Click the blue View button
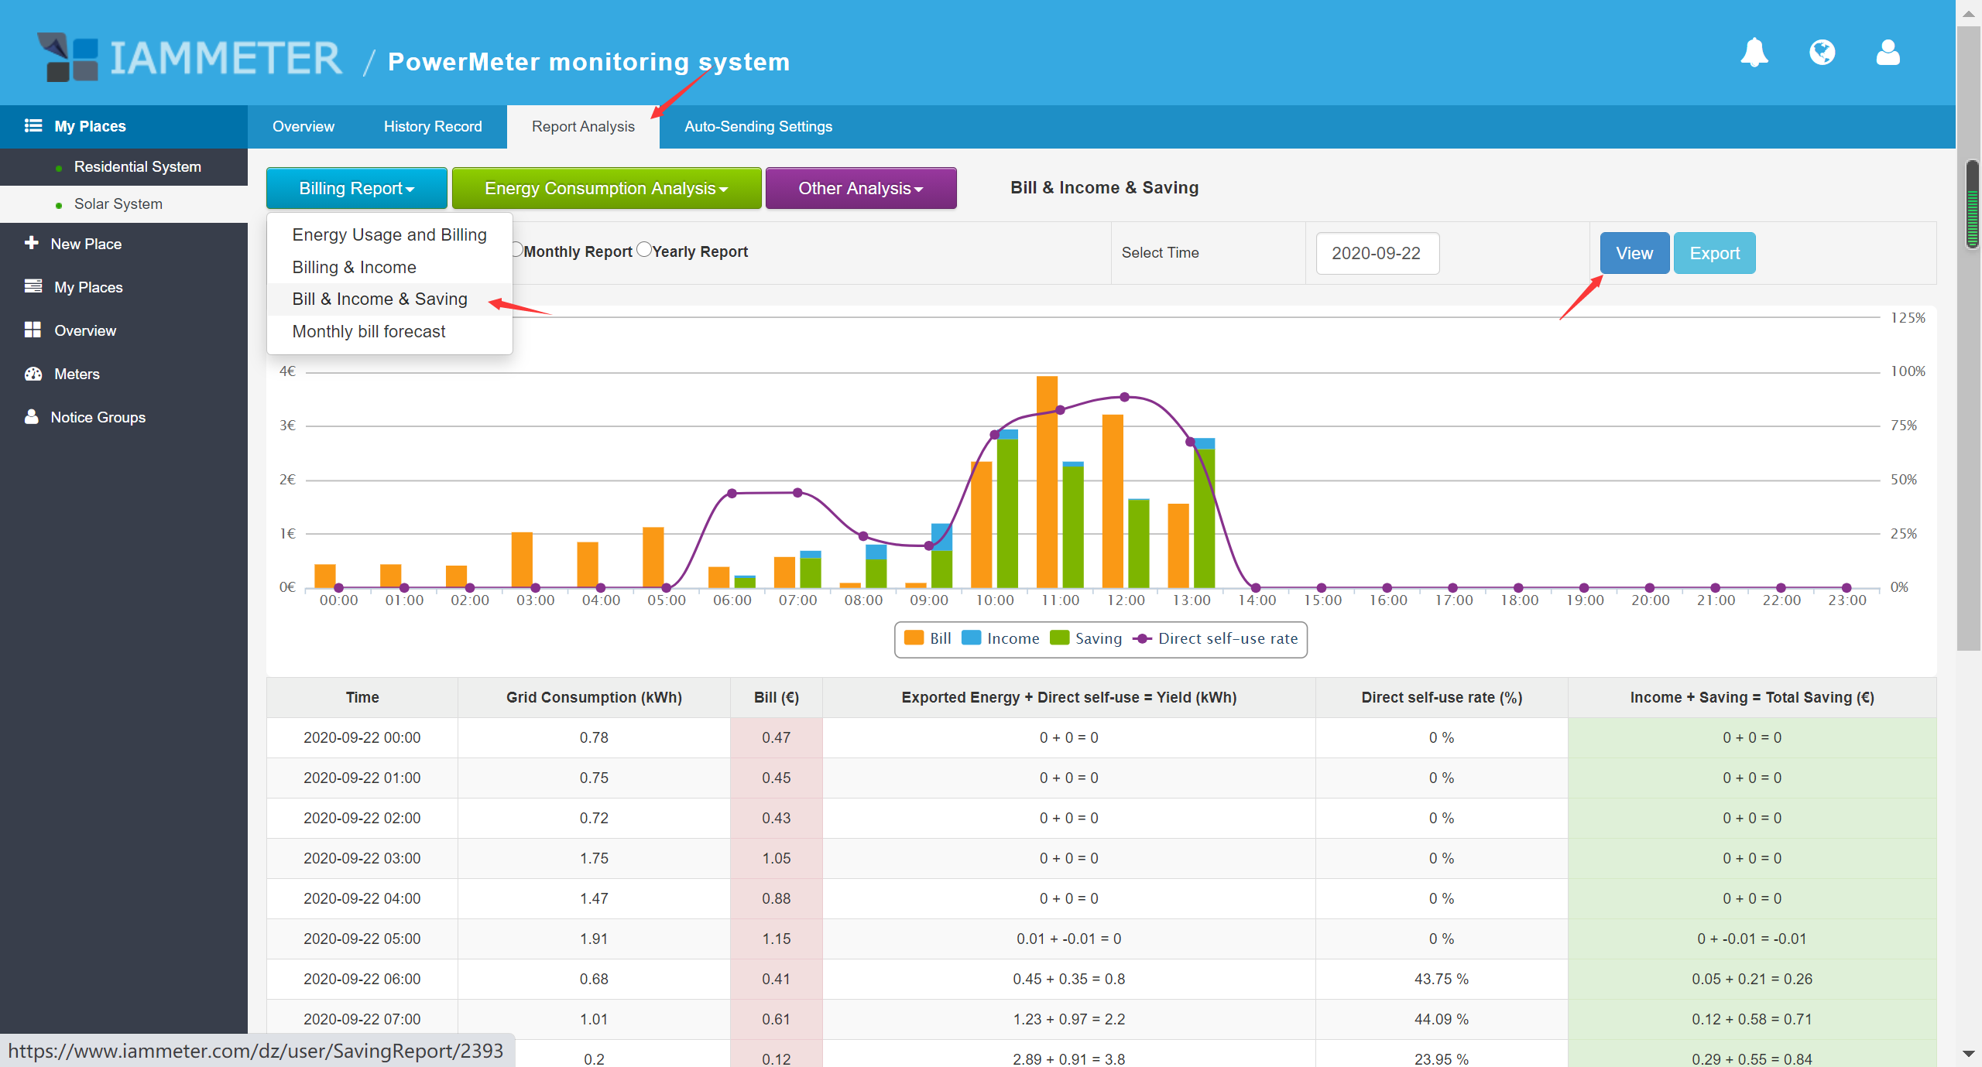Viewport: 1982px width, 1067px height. pyautogui.click(x=1634, y=253)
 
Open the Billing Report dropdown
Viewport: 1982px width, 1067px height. pyautogui.click(x=356, y=188)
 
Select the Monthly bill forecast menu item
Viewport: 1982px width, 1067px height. pyautogui.click(x=369, y=332)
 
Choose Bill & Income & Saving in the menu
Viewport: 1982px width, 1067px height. pyautogui.click(x=379, y=299)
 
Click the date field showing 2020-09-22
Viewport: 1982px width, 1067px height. pyautogui.click(x=1377, y=253)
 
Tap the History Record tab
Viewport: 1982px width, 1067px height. pyautogui.click(x=432, y=127)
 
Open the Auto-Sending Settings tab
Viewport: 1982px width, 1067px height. pyautogui.click(x=758, y=127)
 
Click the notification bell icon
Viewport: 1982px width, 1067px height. pyautogui.click(x=1754, y=53)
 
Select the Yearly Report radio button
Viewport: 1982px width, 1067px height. pyautogui.click(x=644, y=250)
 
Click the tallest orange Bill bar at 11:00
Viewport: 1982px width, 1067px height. pyautogui.click(x=1047, y=480)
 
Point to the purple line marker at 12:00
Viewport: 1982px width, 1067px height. pyautogui.click(x=1125, y=397)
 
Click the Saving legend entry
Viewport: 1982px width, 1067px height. pyautogui.click(x=1086, y=638)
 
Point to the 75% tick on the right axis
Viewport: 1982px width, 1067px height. pyautogui.click(x=1904, y=426)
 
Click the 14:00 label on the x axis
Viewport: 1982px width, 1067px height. pyautogui.click(x=1257, y=600)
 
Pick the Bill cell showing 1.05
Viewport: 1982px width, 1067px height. pyautogui.click(x=776, y=858)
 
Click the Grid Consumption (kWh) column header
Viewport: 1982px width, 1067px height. pyautogui.click(x=594, y=697)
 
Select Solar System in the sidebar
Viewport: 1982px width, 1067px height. pyautogui.click(x=118, y=204)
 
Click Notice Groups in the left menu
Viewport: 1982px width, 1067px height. pyautogui.click(x=98, y=418)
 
